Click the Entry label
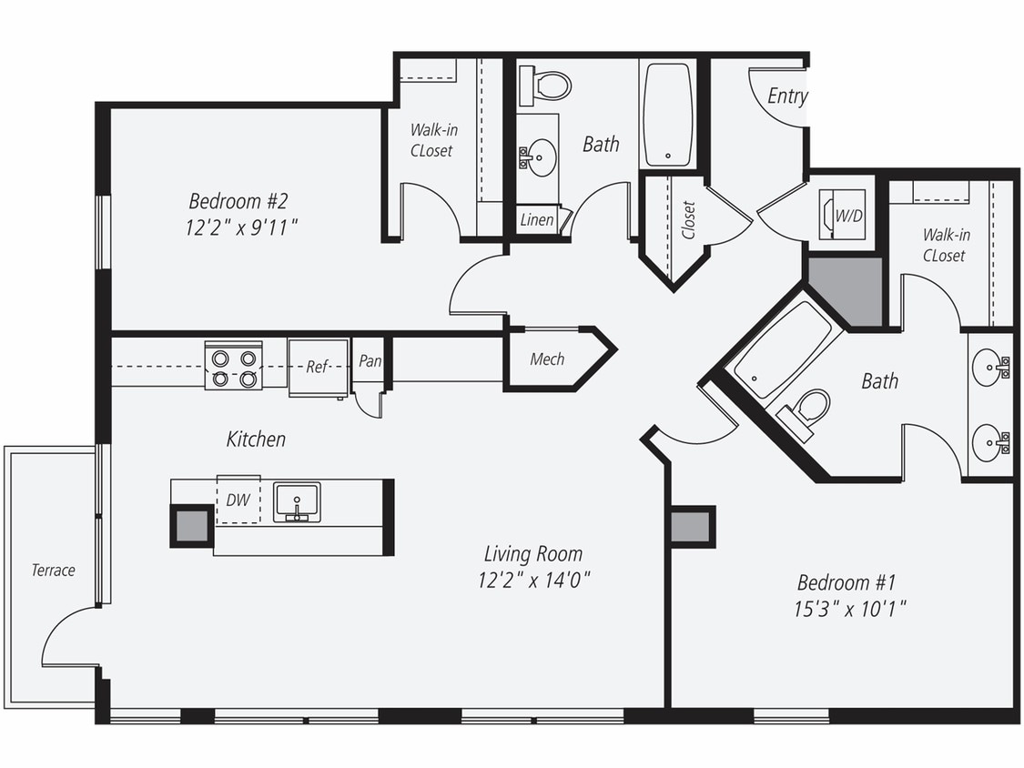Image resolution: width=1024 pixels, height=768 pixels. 786,96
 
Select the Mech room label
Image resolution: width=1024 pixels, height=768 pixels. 547,359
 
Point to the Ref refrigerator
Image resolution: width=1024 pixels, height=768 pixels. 318,368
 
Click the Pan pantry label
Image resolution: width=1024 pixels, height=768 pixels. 370,361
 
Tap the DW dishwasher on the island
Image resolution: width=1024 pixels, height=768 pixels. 238,500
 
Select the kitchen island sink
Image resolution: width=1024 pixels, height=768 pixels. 297,501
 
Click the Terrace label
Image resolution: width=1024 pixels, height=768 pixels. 53,571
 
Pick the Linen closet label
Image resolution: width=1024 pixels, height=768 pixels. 535,220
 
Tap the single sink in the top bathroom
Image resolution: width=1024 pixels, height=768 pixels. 539,157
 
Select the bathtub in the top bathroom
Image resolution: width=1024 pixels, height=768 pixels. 667,114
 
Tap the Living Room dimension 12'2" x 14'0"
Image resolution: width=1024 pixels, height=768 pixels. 533,580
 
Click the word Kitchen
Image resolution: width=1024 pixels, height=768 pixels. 256,440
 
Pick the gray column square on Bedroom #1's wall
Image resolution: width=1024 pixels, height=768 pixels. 692,526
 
